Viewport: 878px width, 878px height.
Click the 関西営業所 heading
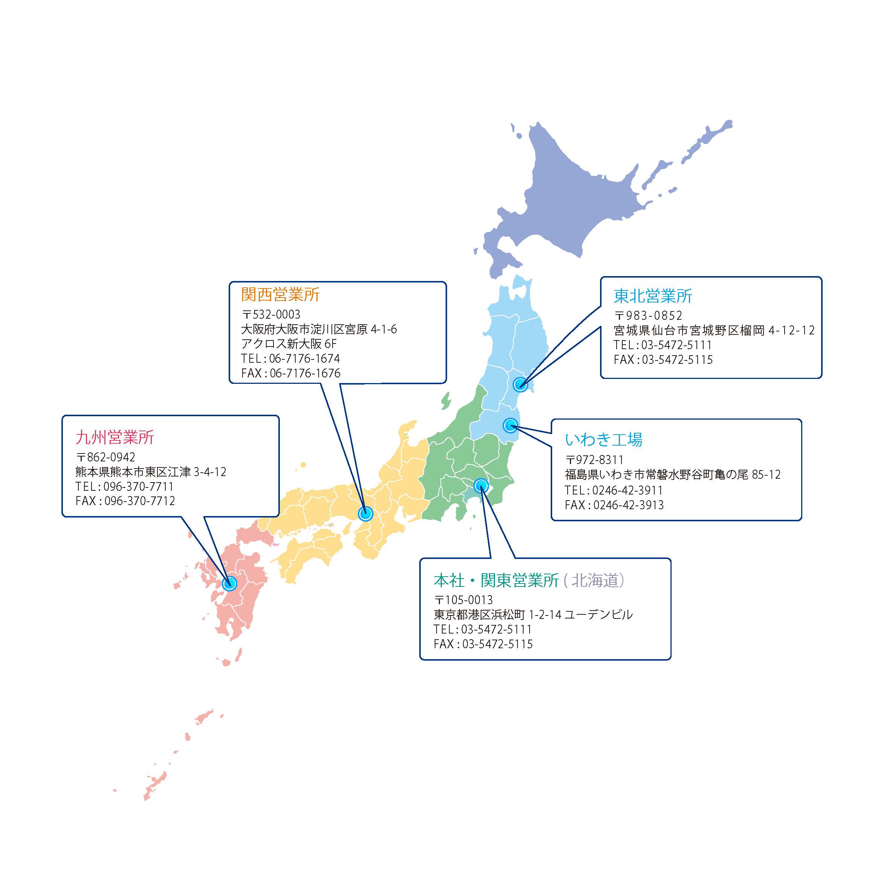(x=280, y=295)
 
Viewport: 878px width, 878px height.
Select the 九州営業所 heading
(x=115, y=437)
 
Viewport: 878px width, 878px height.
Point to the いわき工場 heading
(x=603, y=440)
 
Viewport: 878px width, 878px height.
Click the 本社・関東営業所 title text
(x=496, y=580)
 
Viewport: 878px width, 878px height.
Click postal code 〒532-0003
(x=271, y=314)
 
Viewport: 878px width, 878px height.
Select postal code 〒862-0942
(x=105, y=457)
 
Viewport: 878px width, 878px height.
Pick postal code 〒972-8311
(x=594, y=460)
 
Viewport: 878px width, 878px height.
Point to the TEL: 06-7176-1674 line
(x=290, y=358)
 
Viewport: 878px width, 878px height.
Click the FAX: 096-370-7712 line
(x=125, y=501)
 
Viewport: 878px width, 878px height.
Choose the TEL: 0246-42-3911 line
(x=614, y=490)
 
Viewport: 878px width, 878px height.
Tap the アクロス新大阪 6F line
(x=289, y=344)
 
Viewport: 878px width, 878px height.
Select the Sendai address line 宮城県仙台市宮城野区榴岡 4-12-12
(x=714, y=330)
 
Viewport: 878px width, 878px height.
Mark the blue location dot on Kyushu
(x=229, y=583)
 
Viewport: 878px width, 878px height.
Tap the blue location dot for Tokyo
(x=481, y=486)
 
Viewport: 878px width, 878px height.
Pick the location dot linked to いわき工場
(x=510, y=425)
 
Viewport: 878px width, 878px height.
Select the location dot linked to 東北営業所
(x=520, y=385)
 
